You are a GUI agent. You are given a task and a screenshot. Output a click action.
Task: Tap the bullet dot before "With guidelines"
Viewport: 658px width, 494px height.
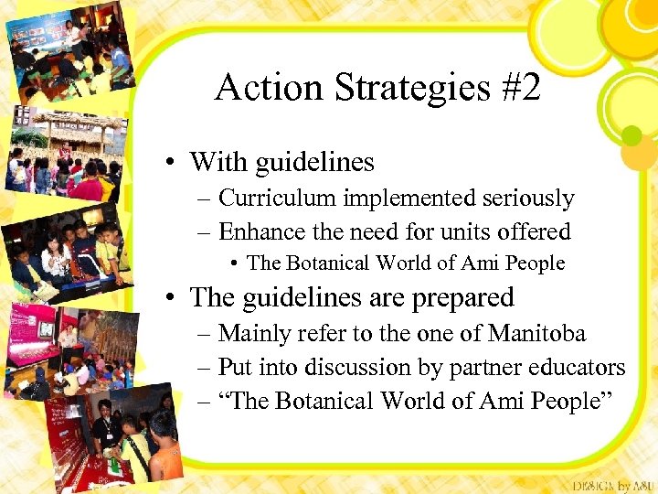(171, 164)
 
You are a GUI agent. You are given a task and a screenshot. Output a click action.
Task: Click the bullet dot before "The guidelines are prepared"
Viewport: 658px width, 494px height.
(171, 298)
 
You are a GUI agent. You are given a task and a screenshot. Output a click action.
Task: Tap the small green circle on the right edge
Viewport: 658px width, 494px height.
(631, 136)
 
